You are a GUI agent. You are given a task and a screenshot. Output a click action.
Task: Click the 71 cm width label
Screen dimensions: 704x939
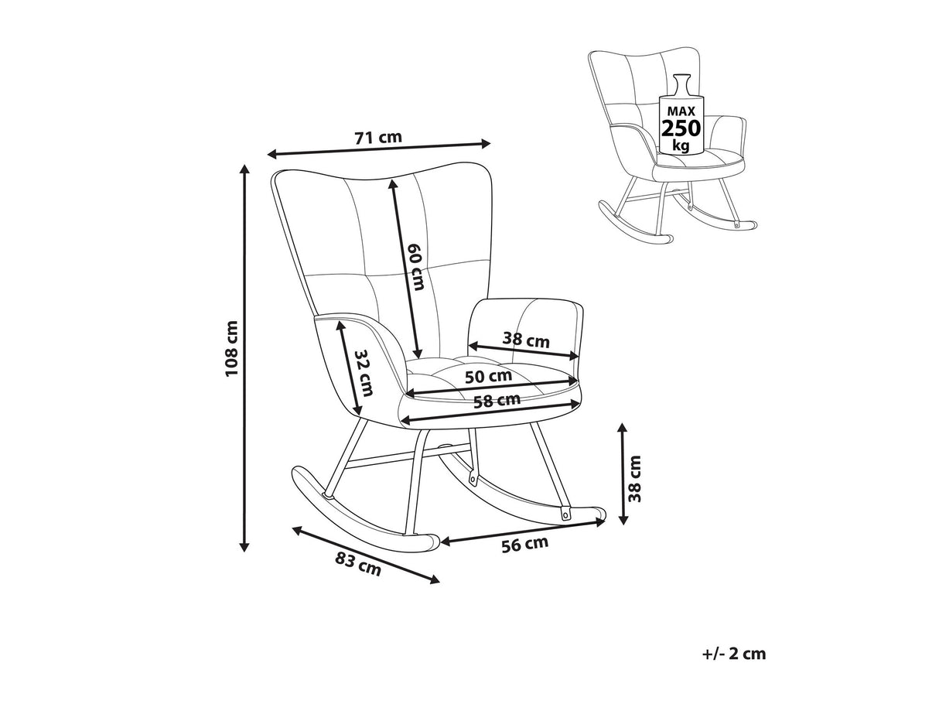click(377, 138)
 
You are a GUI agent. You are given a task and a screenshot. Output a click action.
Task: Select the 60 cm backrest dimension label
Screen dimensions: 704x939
click(416, 267)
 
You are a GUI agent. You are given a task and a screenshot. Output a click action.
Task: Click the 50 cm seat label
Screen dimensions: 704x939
click(488, 376)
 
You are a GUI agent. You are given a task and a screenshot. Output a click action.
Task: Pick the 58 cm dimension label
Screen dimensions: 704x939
click(497, 401)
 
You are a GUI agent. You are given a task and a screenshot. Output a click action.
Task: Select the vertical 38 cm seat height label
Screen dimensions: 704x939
click(634, 478)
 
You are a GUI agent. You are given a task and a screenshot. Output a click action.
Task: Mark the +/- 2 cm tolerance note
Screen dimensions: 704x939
click(734, 654)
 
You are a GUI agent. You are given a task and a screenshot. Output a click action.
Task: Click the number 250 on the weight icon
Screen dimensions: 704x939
click(681, 128)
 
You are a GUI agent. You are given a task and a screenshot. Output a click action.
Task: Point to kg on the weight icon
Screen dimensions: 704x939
click(681, 145)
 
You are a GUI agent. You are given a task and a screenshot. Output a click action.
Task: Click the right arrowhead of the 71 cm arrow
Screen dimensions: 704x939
click(487, 142)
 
